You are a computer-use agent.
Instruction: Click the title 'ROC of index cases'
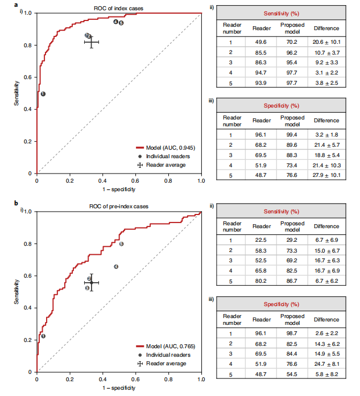pyautogui.click(x=118, y=7)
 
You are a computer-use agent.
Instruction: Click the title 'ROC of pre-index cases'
pyautogui.click(x=118, y=207)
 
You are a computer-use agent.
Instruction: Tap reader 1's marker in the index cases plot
pyautogui.click(x=43, y=94)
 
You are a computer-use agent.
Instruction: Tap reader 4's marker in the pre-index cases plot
pyautogui.click(x=116, y=266)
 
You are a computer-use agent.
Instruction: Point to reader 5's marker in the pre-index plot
pyautogui.click(x=121, y=244)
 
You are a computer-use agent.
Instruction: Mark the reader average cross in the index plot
pyautogui.click(x=92, y=42)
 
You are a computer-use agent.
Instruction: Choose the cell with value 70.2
pyautogui.click(x=292, y=42)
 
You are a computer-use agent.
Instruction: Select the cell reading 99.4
pyautogui.click(x=292, y=134)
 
